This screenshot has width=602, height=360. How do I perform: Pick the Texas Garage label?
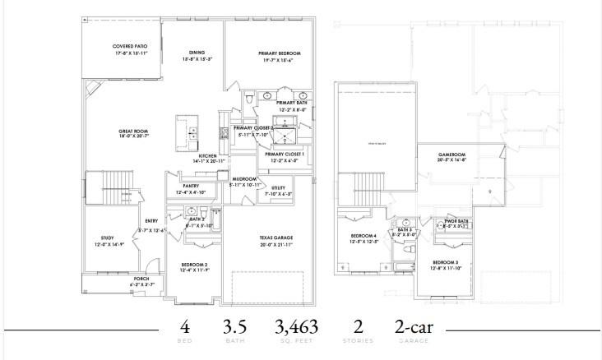(x=276, y=238)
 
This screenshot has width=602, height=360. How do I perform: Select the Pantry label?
(x=192, y=187)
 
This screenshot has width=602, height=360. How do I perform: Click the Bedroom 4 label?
(x=363, y=237)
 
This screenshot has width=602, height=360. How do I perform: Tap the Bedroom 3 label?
(x=446, y=262)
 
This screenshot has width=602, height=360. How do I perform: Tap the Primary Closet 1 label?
(x=285, y=155)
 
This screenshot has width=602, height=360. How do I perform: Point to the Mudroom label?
(x=245, y=178)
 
